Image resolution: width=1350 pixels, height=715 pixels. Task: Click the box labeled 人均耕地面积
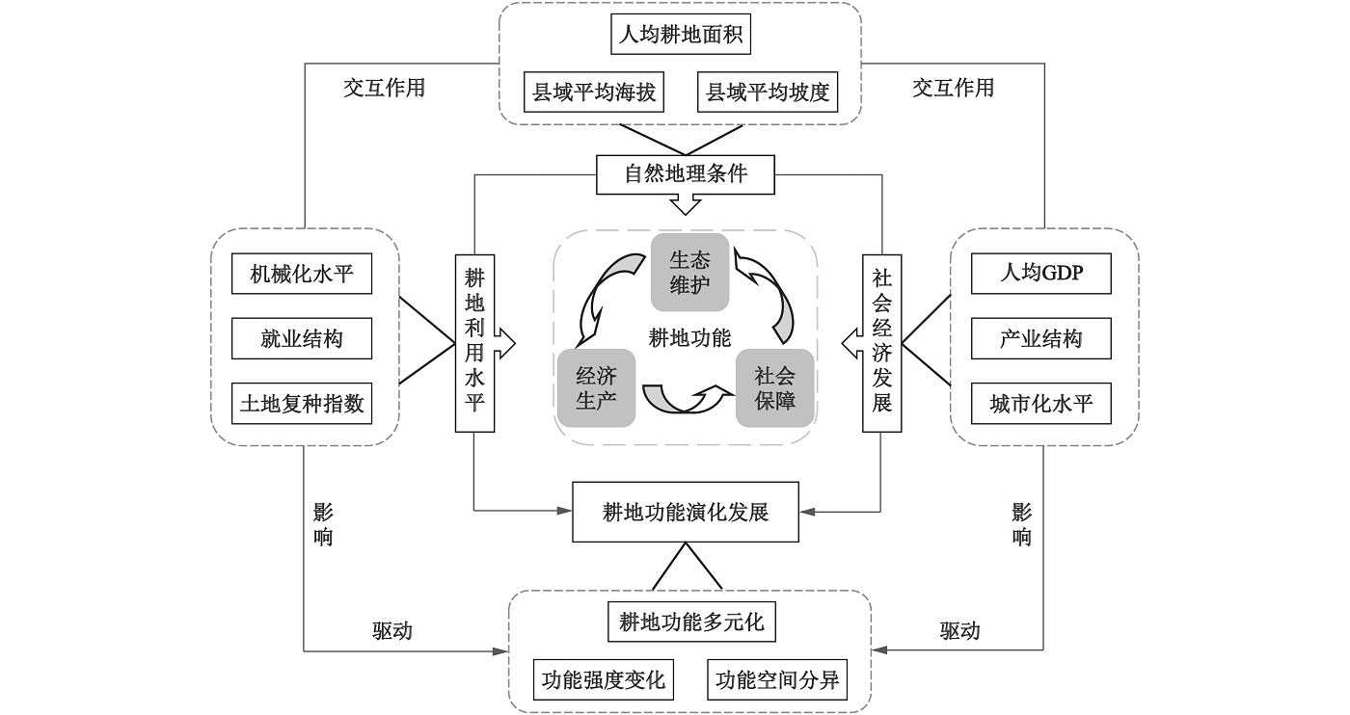click(x=680, y=38)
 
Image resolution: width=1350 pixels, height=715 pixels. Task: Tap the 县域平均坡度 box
click(x=768, y=93)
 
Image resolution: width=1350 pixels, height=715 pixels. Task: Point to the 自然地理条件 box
click(x=686, y=174)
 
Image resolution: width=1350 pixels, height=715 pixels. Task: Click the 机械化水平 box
click(x=302, y=275)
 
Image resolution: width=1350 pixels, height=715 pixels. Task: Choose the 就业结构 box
click(x=302, y=339)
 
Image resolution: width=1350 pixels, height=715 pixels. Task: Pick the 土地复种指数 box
click(x=302, y=404)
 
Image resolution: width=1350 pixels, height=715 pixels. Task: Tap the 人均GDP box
click(x=1040, y=273)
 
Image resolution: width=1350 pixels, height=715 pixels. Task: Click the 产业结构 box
click(x=1040, y=339)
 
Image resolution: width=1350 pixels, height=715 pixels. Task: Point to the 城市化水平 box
click(x=1040, y=404)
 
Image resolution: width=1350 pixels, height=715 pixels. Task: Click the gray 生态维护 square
click(x=689, y=273)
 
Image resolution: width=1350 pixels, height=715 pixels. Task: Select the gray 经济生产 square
click(x=596, y=387)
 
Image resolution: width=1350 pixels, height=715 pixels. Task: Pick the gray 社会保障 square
click(x=775, y=387)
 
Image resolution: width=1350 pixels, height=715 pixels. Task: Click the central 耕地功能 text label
click(x=689, y=337)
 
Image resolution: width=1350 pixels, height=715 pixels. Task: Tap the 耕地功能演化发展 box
click(x=686, y=512)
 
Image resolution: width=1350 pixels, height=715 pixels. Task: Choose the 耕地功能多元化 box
click(x=691, y=622)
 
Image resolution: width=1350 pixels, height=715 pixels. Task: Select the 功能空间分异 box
click(x=777, y=680)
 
